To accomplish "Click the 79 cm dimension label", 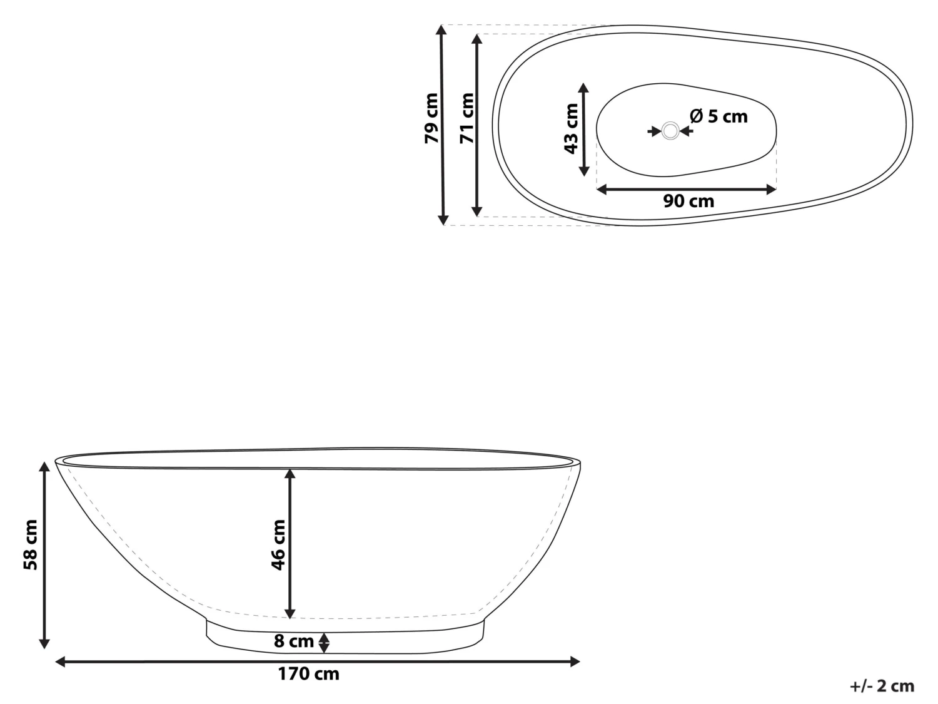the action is [x=431, y=118].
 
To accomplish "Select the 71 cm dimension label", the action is [x=466, y=118].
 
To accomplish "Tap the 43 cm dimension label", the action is [x=571, y=128].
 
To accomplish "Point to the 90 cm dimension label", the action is [x=688, y=201].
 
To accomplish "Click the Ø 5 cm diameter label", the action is [x=719, y=116].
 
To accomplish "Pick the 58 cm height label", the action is [x=31, y=545].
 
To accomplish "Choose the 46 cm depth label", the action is [x=278, y=545].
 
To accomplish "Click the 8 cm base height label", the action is [x=294, y=641].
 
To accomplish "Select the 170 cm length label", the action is [x=309, y=674].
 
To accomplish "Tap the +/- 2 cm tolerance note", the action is [x=882, y=686].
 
